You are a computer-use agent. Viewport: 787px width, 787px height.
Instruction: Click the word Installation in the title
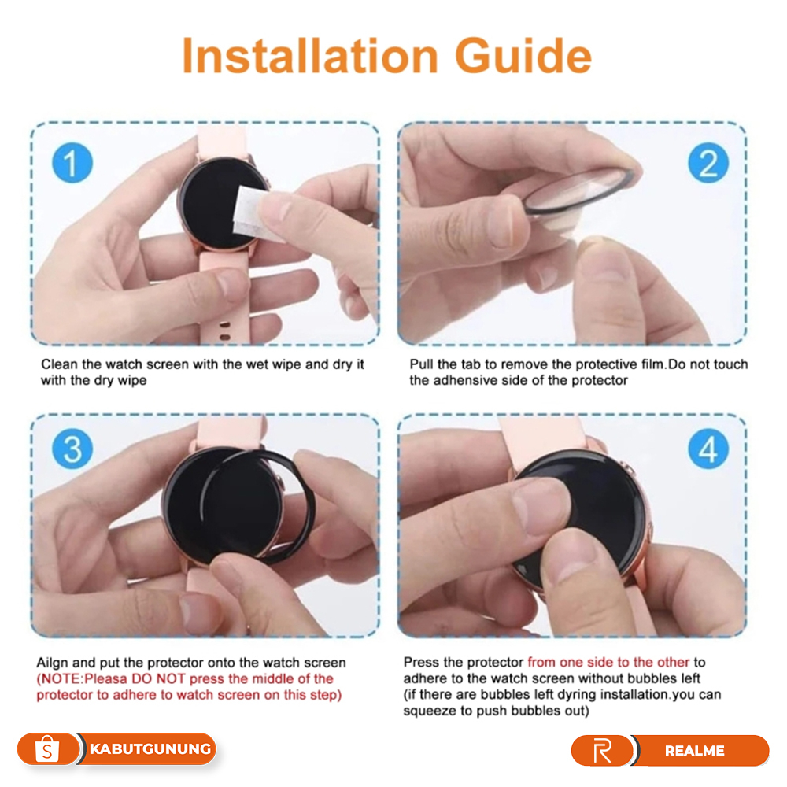click(x=309, y=55)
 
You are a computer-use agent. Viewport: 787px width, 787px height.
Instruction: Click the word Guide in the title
click(x=523, y=55)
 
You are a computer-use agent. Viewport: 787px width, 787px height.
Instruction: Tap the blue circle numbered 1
click(x=72, y=163)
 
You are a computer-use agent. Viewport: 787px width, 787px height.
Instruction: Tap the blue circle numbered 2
click(x=708, y=163)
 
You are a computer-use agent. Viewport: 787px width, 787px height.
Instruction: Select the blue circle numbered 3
click(x=72, y=449)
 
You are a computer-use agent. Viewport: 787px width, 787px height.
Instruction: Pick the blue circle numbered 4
click(x=708, y=449)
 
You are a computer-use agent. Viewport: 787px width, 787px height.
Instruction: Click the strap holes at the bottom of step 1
click(x=225, y=331)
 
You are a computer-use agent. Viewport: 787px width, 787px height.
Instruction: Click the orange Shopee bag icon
click(x=47, y=749)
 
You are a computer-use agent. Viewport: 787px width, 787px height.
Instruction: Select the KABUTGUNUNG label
click(x=150, y=749)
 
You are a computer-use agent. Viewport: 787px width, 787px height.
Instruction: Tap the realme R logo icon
click(x=602, y=751)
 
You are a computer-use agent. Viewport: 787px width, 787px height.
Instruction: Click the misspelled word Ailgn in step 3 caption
click(x=53, y=663)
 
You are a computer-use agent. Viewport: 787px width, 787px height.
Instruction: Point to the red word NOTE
click(x=61, y=679)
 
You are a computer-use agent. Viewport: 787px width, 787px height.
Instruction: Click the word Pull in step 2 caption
click(x=421, y=364)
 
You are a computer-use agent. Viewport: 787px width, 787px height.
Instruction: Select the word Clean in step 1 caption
click(x=59, y=364)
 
